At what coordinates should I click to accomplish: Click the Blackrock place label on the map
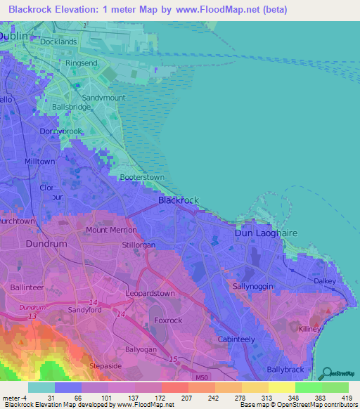click(179, 200)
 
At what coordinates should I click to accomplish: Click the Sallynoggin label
click(252, 287)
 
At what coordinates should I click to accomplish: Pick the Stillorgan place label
click(139, 245)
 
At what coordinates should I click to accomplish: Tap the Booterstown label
click(142, 178)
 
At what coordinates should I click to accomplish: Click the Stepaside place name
click(106, 366)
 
